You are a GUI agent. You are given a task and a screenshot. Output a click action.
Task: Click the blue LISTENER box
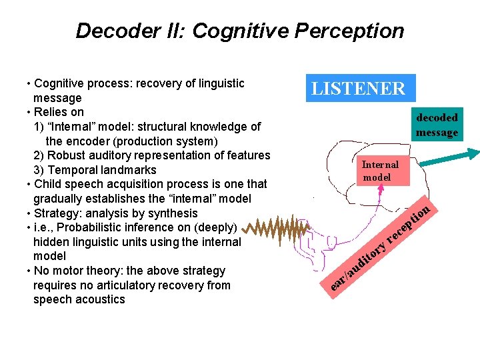click(360, 88)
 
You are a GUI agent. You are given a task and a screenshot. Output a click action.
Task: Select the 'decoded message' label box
click(437, 125)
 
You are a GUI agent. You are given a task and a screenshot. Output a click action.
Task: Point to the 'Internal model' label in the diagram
click(380, 171)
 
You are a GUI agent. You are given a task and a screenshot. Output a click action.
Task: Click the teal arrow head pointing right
click(471, 153)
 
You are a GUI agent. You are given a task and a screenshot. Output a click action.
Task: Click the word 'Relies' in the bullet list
click(51, 112)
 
